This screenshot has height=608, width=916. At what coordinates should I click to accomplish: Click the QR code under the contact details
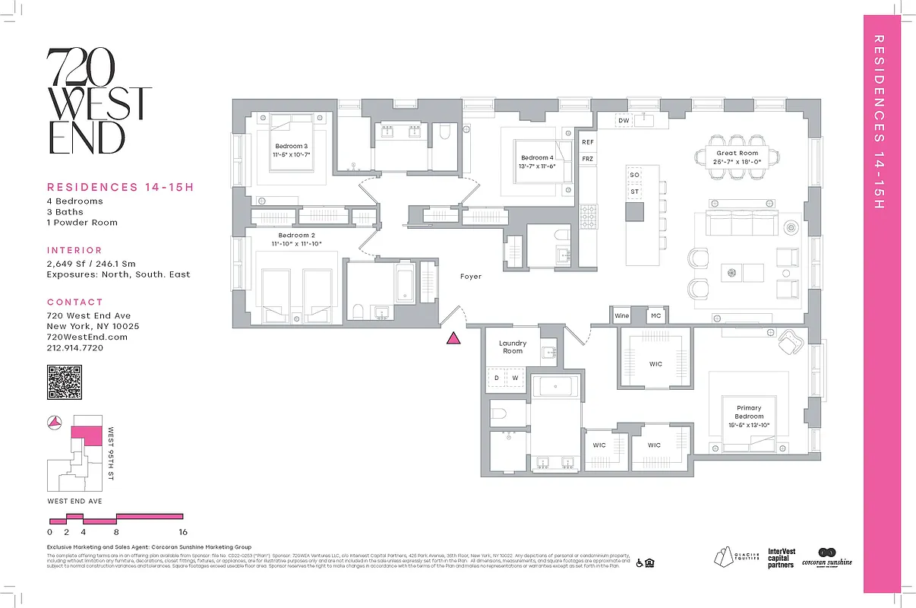pyautogui.click(x=65, y=382)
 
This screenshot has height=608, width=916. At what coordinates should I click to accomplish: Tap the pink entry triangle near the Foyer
pyautogui.click(x=453, y=339)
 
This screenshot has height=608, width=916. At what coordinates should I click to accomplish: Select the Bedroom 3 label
pyautogui.click(x=292, y=146)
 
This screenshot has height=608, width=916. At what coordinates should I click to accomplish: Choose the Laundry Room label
pyautogui.click(x=513, y=347)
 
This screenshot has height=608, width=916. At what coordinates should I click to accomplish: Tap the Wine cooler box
pyautogui.click(x=622, y=315)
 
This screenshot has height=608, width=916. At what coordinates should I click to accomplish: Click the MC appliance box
pyautogui.click(x=655, y=315)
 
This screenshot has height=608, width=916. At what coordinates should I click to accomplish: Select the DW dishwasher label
pyautogui.click(x=624, y=121)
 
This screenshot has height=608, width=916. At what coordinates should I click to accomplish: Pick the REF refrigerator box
pyautogui.click(x=587, y=142)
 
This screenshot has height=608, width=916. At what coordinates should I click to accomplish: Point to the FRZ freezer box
pyautogui.click(x=587, y=159)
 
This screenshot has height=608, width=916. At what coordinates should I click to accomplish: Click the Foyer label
pyautogui.click(x=471, y=277)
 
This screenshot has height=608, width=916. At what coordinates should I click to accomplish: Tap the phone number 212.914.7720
pyautogui.click(x=75, y=347)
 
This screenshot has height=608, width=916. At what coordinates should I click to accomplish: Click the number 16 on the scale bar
pyautogui.click(x=182, y=532)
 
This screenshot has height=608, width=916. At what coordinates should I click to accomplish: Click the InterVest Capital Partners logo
pyautogui.click(x=781, y=558)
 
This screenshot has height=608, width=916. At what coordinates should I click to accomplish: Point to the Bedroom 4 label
pyautogui.click(x=537, y=157)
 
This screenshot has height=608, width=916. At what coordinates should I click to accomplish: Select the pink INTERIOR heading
pyautogui.click(x=74, y=250)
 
